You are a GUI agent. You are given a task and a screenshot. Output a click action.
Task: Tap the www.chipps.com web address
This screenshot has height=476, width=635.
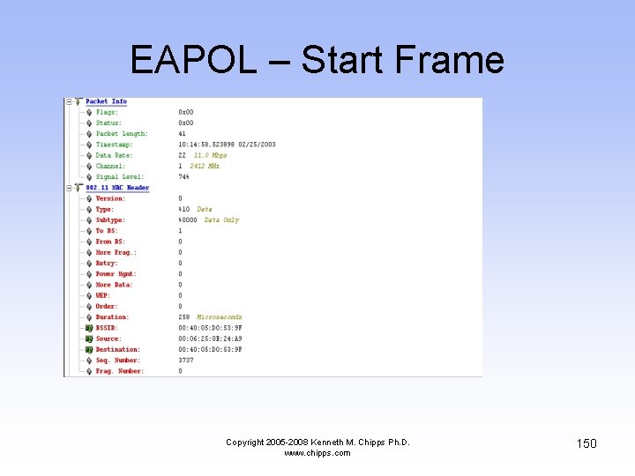pos(317,453)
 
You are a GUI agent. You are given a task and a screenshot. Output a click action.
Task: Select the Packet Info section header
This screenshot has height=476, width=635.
pos(106,101)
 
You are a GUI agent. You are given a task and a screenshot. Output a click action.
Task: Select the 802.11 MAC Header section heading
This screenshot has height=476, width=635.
pos(117,188)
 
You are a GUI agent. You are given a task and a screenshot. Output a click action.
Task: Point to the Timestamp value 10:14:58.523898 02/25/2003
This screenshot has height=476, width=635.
pos(227,145)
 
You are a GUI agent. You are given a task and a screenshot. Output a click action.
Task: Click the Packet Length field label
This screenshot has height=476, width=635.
pos(122,134)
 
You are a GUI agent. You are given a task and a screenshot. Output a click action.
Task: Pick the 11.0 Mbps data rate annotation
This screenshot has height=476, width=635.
pos(210,155)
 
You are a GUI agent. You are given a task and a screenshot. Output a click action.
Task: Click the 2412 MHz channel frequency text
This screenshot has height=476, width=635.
pos(205,166)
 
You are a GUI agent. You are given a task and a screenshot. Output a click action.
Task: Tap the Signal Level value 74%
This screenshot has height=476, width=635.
pos(184,177)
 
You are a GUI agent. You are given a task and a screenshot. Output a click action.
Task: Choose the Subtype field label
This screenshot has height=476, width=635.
pos(110,220)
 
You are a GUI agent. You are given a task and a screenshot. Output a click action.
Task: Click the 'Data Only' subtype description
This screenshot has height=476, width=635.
pos(221,220)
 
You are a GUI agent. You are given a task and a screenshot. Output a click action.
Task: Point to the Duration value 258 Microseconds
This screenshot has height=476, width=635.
pos(210,317)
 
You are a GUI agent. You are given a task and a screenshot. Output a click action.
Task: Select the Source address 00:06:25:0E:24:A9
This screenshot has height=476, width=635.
pos(210,338)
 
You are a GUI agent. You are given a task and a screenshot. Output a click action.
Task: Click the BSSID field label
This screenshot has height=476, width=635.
pos(107,328)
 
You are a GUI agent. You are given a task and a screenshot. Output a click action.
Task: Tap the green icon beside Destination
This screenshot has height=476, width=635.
pos(89,350)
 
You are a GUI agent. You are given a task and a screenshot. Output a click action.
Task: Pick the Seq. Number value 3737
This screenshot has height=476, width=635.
pos(186,361)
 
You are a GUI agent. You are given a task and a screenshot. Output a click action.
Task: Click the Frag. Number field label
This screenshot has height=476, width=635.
pos(118,371)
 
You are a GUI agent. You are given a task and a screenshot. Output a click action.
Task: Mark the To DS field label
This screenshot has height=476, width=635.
pos(106,231)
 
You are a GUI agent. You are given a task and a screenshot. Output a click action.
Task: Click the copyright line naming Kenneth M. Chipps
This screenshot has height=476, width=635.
pos(317,443)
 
